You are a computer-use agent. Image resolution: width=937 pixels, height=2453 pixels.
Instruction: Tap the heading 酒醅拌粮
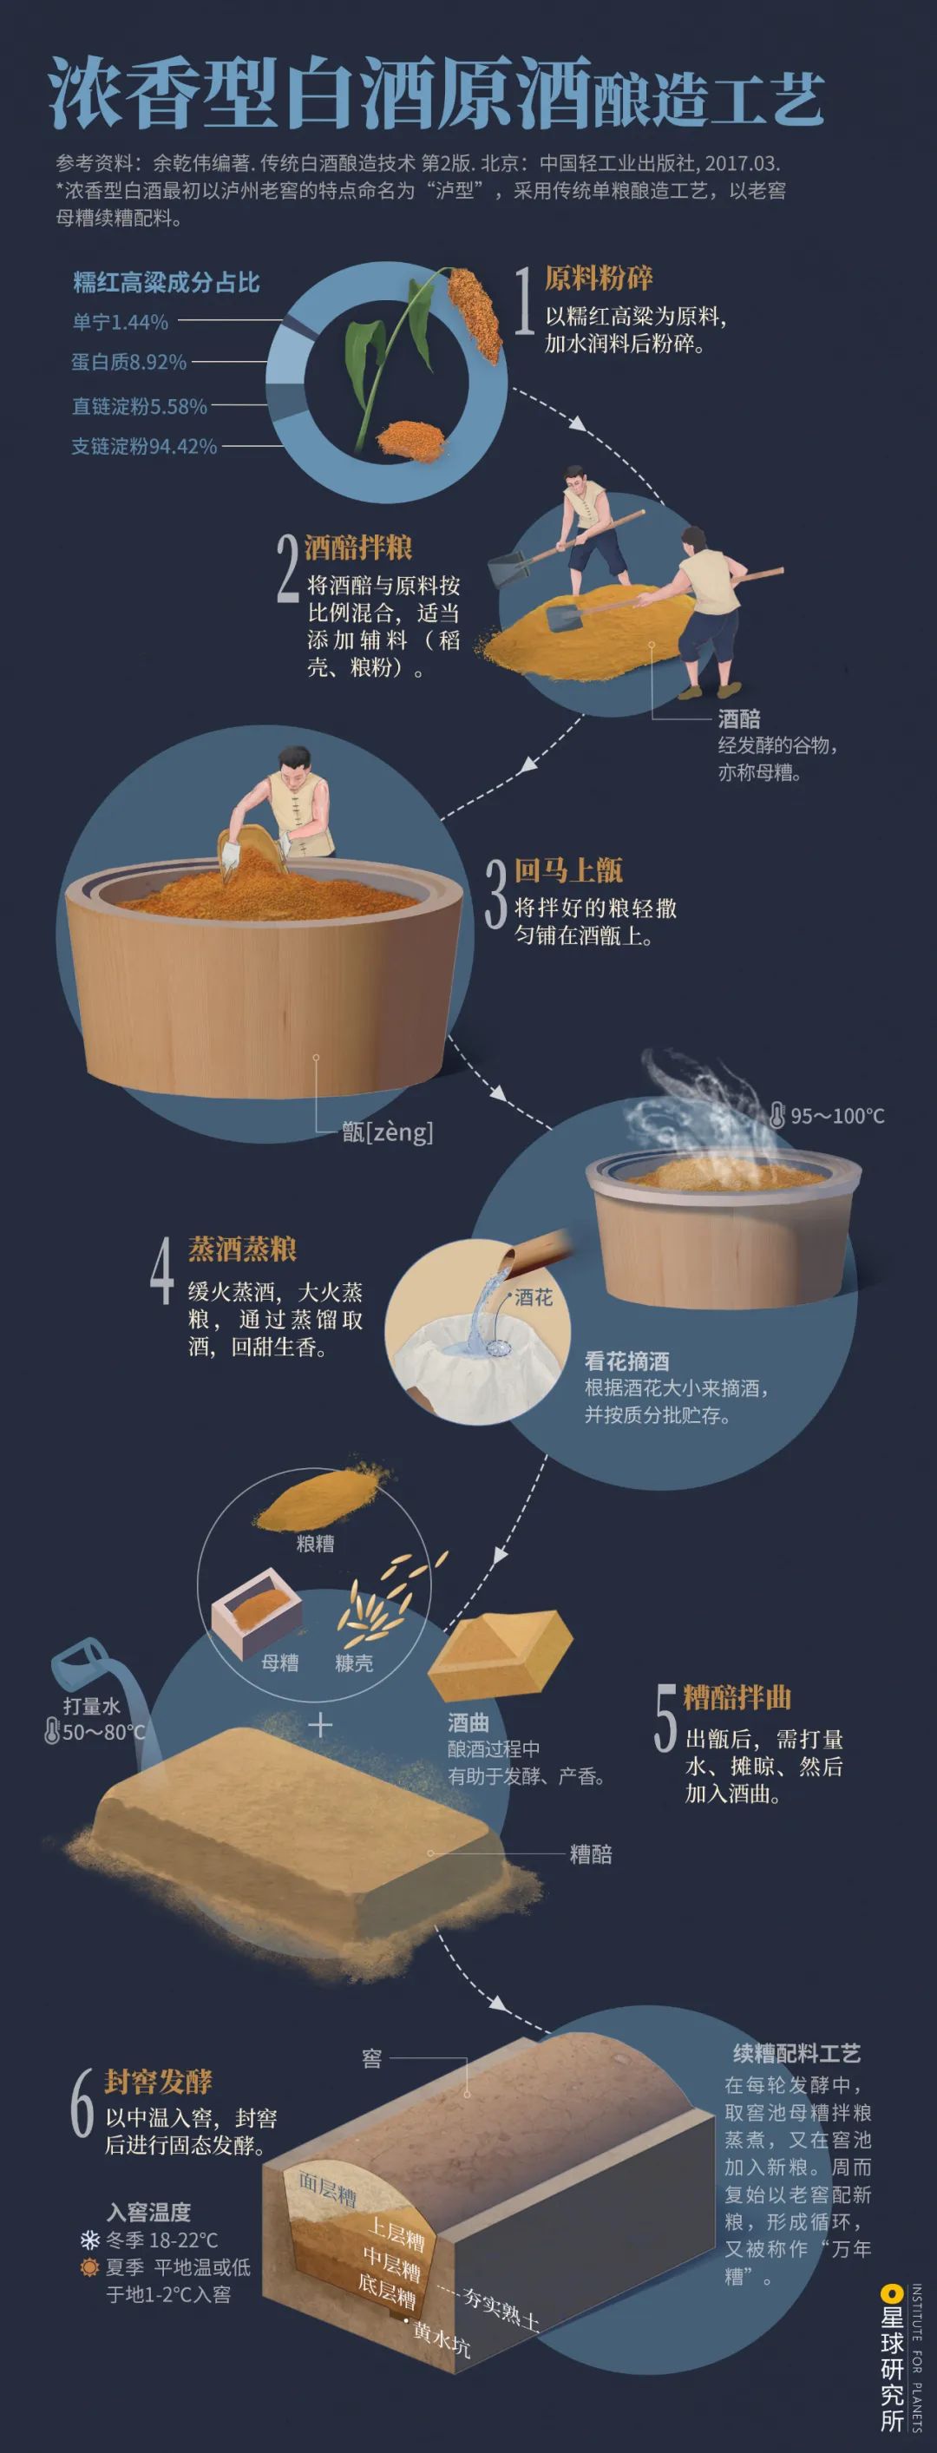coord(358,548)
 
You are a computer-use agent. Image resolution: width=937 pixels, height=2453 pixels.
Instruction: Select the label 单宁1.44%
coord(120,323)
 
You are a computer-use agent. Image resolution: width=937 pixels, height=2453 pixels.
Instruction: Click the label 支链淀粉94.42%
coord(145,446)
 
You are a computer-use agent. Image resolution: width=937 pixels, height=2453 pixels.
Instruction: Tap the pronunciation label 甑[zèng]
coord(387,1132)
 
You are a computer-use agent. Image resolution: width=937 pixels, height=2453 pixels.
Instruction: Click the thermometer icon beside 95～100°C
coord(777,1114)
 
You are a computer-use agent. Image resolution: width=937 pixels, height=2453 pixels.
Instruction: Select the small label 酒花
coord(534,1298)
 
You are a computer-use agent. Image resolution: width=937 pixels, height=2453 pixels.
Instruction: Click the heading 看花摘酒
coord(626,1361)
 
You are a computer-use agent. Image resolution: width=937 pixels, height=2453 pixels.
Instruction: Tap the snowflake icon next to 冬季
coord(90,2240)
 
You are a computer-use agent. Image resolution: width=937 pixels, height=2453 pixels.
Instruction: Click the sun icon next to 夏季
coord(90,2268)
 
